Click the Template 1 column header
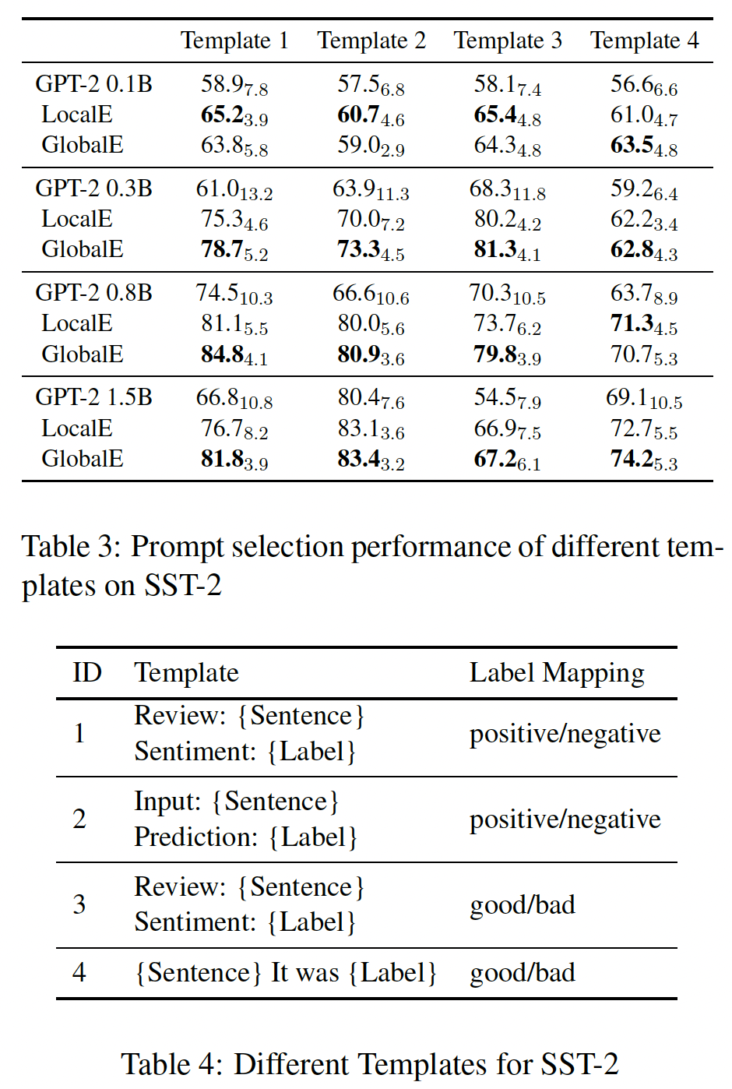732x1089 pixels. (x=234, y=41)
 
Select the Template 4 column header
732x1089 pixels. (x=644, y=41)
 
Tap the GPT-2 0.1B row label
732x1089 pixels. (x=93, y=84)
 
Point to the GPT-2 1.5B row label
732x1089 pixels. (x=93, y=397)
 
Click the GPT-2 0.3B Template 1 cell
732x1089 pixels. (x=234, y=189)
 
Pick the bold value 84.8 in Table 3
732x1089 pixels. (x=234, y=355)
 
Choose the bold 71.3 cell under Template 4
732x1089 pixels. (x=643, y=324)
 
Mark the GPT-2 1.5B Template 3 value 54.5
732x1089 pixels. (x=507, y=398)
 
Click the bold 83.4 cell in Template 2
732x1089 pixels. (x=371, y=460)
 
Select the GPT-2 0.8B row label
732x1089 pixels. (x=93, y=293)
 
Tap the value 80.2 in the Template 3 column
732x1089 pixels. (x=507, y=220)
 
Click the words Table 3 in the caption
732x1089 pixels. (x=68, y=547)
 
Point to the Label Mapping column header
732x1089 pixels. (x=557, y=673)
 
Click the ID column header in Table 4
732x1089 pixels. (x=86, y=673)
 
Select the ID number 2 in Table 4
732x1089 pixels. (x=79, y=819)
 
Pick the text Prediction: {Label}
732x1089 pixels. (x=245, y=837)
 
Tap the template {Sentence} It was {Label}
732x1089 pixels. (x=285, y=973)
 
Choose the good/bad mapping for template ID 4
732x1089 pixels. (x=523, y=973)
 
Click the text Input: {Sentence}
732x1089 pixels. (x=237, y=802)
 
